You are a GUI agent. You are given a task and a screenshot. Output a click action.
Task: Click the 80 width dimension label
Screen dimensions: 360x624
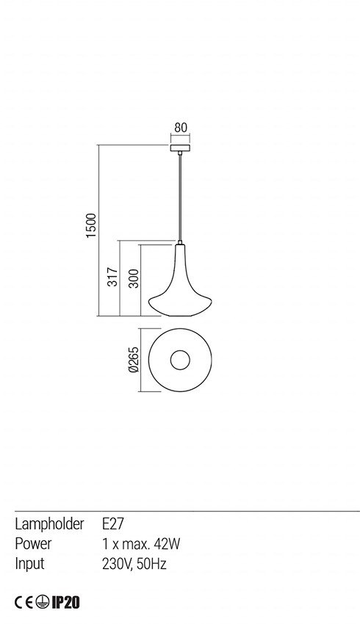click(181, 128)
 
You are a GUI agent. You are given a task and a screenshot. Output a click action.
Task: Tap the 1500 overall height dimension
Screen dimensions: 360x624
click(92, 225)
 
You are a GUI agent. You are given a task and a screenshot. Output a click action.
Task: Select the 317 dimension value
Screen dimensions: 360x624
click(113, 277)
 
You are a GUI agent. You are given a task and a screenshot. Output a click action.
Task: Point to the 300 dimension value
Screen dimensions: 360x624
click(134, 278)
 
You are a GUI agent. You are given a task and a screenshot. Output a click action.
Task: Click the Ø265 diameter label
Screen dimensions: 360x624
click(134, 359)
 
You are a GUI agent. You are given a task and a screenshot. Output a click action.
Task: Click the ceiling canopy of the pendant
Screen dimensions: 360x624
click(180, 148)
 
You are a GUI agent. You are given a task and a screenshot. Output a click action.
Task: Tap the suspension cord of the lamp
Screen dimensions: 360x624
click(180, 197)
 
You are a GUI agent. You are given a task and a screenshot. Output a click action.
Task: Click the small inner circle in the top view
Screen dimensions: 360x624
click(180, 360)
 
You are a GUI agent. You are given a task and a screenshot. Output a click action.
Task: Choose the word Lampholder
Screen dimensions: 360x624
click(49, 524)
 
